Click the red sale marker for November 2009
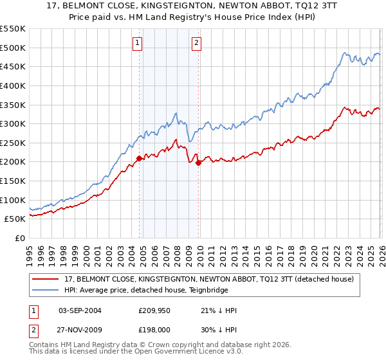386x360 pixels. pyautogui.click(x=198, y=163)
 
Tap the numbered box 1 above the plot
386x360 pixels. pyautogui.click(x=138, y=44)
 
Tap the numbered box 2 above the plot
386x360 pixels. pyautogui.click(x=196, y=44)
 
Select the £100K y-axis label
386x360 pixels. pyautogui.click(x=13, y=200)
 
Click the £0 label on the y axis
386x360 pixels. pyautogui.click(x=19, y=238)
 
